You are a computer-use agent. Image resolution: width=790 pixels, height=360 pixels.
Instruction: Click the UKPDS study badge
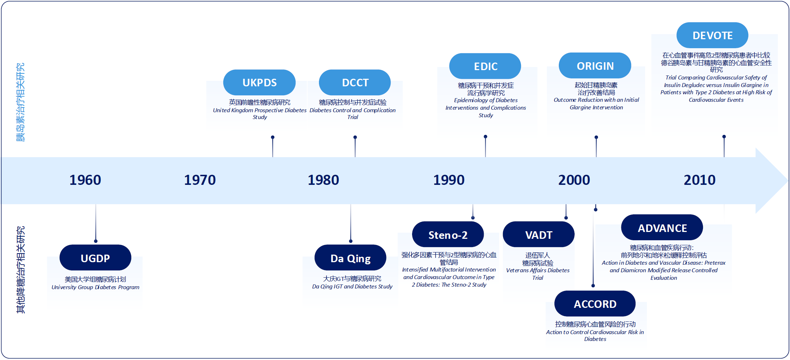259,82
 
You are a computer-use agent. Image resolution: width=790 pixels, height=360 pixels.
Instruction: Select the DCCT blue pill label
355,82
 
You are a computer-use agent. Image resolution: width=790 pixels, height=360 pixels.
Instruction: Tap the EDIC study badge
485,66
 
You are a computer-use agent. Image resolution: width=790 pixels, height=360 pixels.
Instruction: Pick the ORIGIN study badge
595,66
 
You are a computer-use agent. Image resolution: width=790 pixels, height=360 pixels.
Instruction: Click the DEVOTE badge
712,35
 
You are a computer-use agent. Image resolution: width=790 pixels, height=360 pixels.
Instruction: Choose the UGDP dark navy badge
95,258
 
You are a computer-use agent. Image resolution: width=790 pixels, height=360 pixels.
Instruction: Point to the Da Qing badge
350,258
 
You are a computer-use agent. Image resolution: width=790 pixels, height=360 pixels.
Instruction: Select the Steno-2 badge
448,234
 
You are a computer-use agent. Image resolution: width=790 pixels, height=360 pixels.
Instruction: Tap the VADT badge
538,234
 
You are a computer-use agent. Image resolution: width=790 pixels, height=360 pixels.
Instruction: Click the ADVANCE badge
662,228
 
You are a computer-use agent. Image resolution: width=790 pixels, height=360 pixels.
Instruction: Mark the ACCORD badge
595,304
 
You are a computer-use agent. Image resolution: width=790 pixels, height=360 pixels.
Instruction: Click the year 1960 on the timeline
85,180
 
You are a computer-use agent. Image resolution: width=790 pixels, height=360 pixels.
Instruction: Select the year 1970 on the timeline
200,180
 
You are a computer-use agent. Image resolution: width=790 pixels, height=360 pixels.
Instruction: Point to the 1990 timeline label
449,180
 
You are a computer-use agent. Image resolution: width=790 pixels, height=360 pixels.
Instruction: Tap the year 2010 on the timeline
699,180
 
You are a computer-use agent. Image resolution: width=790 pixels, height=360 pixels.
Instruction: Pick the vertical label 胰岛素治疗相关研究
20,102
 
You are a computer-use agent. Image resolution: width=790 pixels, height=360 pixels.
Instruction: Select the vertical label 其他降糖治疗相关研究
20,270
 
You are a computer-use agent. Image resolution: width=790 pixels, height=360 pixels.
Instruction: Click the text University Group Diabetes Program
95,287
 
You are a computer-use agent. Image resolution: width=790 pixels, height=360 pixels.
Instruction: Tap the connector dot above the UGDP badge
96,241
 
